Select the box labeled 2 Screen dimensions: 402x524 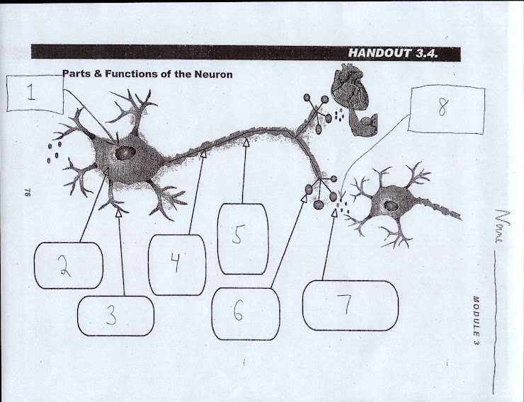(x=68, y=265)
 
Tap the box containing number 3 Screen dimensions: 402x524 (x=115, y=315)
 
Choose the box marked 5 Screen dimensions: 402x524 (x=243, y=238)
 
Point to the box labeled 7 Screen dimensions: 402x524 (x=350, y=305)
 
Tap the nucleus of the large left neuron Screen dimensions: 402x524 (x=125, y=152)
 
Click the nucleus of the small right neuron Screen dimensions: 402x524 (x=389, y=205)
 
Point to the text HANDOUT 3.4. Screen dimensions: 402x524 (x=401, y=54)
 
